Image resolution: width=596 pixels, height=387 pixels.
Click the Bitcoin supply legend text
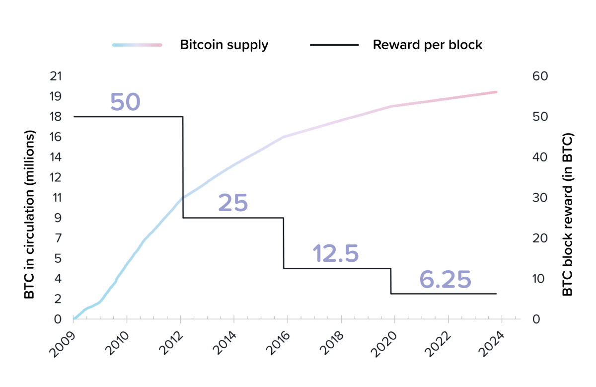[224, 45]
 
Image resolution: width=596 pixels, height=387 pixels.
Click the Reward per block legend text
[427, 45]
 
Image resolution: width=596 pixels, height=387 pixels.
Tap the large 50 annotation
[125, 102]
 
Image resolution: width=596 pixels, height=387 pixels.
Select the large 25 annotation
[233, 203]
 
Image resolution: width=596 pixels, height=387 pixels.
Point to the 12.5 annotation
[336, 254]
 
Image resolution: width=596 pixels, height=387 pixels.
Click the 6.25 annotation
[445, 280]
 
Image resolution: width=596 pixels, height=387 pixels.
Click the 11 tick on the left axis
[57, 197]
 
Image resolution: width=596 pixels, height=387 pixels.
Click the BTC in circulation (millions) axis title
[30, 215]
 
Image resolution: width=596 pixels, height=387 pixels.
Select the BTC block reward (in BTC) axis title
[567, 215]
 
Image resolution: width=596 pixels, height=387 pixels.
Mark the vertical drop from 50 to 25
[183, 167]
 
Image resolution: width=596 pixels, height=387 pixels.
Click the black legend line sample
[334, 45]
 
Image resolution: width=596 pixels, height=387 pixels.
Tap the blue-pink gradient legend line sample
[138, 45]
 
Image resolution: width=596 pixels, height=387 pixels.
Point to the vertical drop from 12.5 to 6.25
[391, 281]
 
